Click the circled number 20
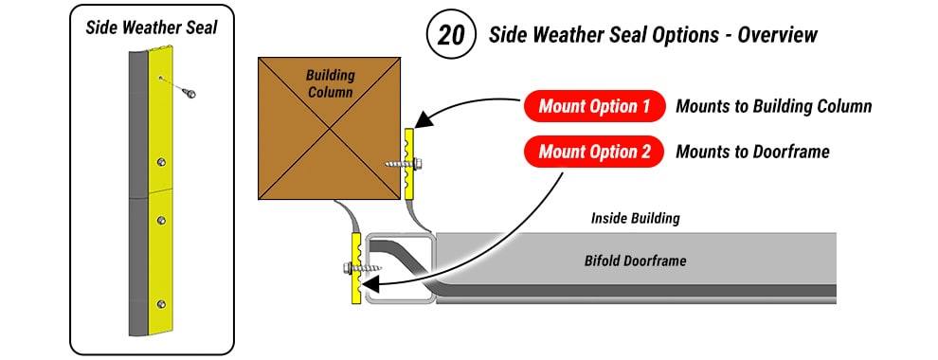click(450, 36)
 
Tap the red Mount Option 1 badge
click(588, 106)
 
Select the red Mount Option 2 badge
click(588, 152)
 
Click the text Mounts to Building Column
click(773, 106)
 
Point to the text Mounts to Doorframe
click(752, 152)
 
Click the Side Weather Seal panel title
click(152, 27)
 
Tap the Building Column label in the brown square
click(330, 83)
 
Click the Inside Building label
click(636, 218)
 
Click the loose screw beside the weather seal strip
click(191, 92)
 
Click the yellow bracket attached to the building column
click(409, 162)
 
